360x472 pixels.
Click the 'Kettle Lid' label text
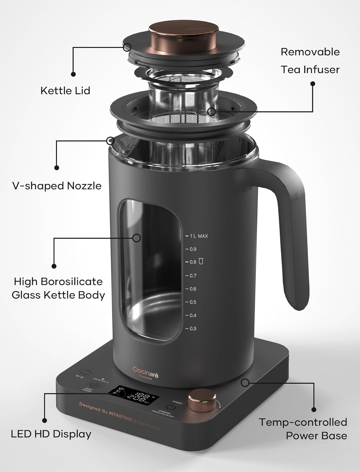pyautogui.click(x=65, y=91)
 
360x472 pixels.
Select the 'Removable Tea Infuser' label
pyautogui.click(x=310, y=61)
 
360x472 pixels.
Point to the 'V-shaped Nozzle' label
pyautogui.click(x=57, y=186)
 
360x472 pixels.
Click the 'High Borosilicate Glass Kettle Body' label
pyautogui.click(x=58, y=288)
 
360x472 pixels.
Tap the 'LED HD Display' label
pyautogui.click(x=51, y=434)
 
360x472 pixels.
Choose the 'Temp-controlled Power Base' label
pyautogui.click(x=303, y=429)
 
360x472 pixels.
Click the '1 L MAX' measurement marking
pyautogui.click(x=198, y=236)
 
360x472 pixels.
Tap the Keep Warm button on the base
pyautogui.click(x=94, y=385)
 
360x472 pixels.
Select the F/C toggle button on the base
pyautogui.click(x=85, y=373)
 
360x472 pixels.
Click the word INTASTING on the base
pyautogui.click(x=120, y=415)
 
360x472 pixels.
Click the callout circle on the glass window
pyautogui.click(x=136, y=238)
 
